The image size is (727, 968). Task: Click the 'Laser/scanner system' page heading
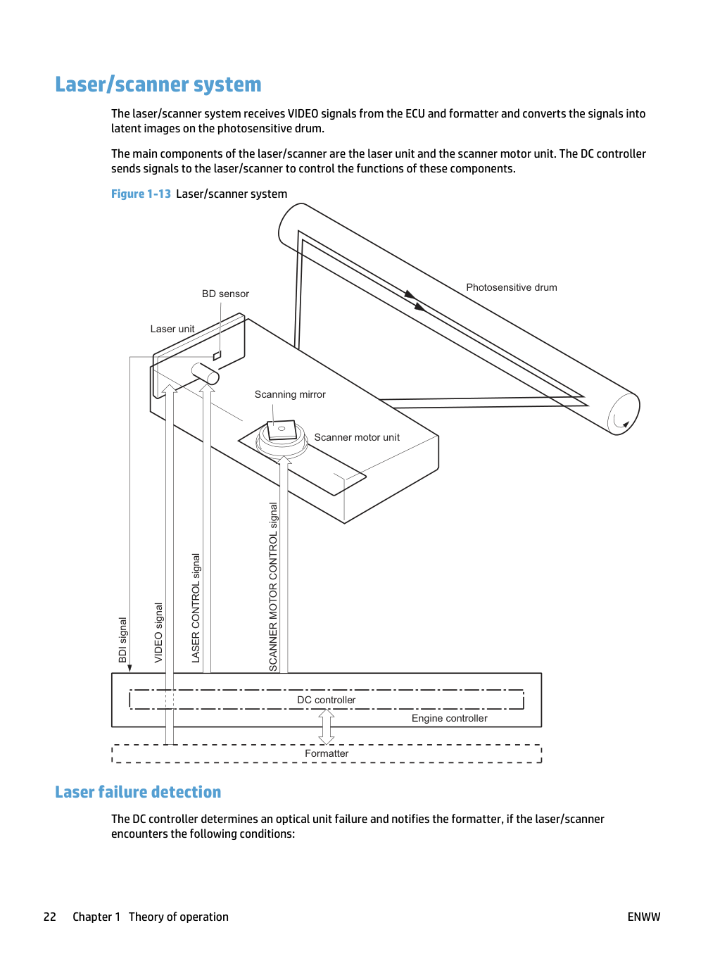click(158, 84)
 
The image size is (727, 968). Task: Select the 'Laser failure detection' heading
click(138, 791)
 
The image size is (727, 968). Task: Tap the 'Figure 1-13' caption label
click(141, 194)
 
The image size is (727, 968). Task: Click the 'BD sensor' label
click(225, 294)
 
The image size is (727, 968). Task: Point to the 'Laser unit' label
click(172, 329)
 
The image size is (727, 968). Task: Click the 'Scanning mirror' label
click(290, 394)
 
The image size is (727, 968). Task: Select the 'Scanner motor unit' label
click(357, 437)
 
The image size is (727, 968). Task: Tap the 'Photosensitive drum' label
click(512, 287)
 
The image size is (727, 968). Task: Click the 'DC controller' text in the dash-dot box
click(327, 700)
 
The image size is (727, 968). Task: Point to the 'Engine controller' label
click(449, 718)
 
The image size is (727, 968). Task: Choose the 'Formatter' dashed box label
click(327, 753)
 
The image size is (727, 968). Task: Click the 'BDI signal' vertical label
click(122, 639)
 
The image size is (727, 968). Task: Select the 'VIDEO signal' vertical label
click(159, 632)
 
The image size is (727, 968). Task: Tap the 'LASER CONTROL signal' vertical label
click(196, 608)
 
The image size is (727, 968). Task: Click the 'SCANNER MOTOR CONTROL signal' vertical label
click(273, 587)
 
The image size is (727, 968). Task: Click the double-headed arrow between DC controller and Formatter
click(327, 727)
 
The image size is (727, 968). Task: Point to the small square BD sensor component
click(217, 355)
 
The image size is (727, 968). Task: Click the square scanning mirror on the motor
click(282, 429)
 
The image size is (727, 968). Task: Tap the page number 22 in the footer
click(50, 917)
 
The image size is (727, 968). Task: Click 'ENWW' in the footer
click(644, 917)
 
